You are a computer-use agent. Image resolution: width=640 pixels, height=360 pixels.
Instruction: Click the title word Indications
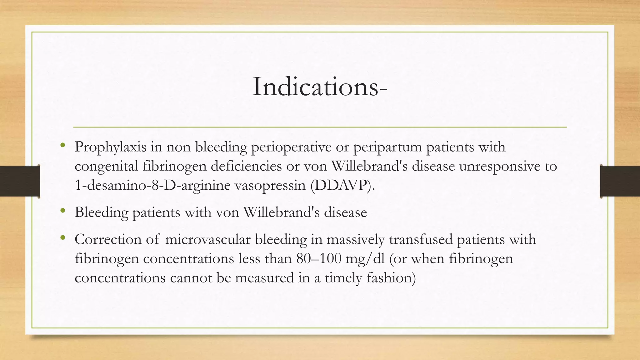pyautogui.click(x=316, y=87)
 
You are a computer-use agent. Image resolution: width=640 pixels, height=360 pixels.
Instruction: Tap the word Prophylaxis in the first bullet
pyautogui.click(x=110, y=147)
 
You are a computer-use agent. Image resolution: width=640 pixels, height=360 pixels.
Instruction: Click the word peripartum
pyautogui.click(x=387, y=147)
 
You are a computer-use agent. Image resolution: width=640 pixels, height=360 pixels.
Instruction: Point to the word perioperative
pyautogui.click(x=291, y=147)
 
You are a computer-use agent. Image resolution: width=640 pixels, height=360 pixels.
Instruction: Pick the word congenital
pyautogui.click(x=106, y=166)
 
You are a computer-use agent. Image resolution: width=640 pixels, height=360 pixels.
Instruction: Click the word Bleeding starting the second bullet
pyautogui.click(x=101, y=212)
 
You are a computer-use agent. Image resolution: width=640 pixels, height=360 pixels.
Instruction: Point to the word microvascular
pyautogui.click(x=207, y=239)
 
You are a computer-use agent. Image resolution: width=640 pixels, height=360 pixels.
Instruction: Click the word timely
pyautogui.click(x=343, y=278)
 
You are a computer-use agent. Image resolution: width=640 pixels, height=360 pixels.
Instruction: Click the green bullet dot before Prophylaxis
pyautogui.click(x=63, y=145)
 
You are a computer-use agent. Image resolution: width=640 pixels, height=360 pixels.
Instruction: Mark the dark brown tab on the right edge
pyautogui.click(x=620, y=181)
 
